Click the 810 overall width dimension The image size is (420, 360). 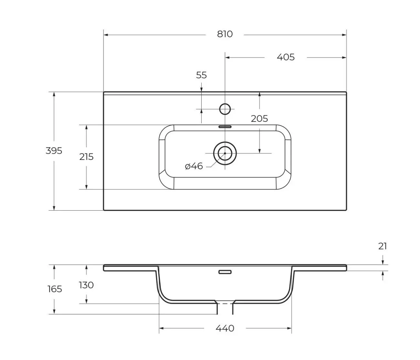pos(225,34)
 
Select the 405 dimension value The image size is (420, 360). pos(286,57)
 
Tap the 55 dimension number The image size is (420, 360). pos(201,75)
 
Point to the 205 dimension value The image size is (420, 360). pos(259,119)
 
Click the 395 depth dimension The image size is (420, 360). pos(54,151)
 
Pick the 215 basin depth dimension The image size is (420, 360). pos(86,157)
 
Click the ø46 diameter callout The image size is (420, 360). pos(194,166)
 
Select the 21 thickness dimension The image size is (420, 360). pos(383,246)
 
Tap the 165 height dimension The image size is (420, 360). pos(54,289)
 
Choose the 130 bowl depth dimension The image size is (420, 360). pos(86,285)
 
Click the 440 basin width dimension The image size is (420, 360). pos(225,328)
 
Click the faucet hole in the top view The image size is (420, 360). pos(225,109)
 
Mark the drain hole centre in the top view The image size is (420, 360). pos(225,153)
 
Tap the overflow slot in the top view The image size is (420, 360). pos(225,127)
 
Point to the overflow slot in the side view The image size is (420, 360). pos(225,272)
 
